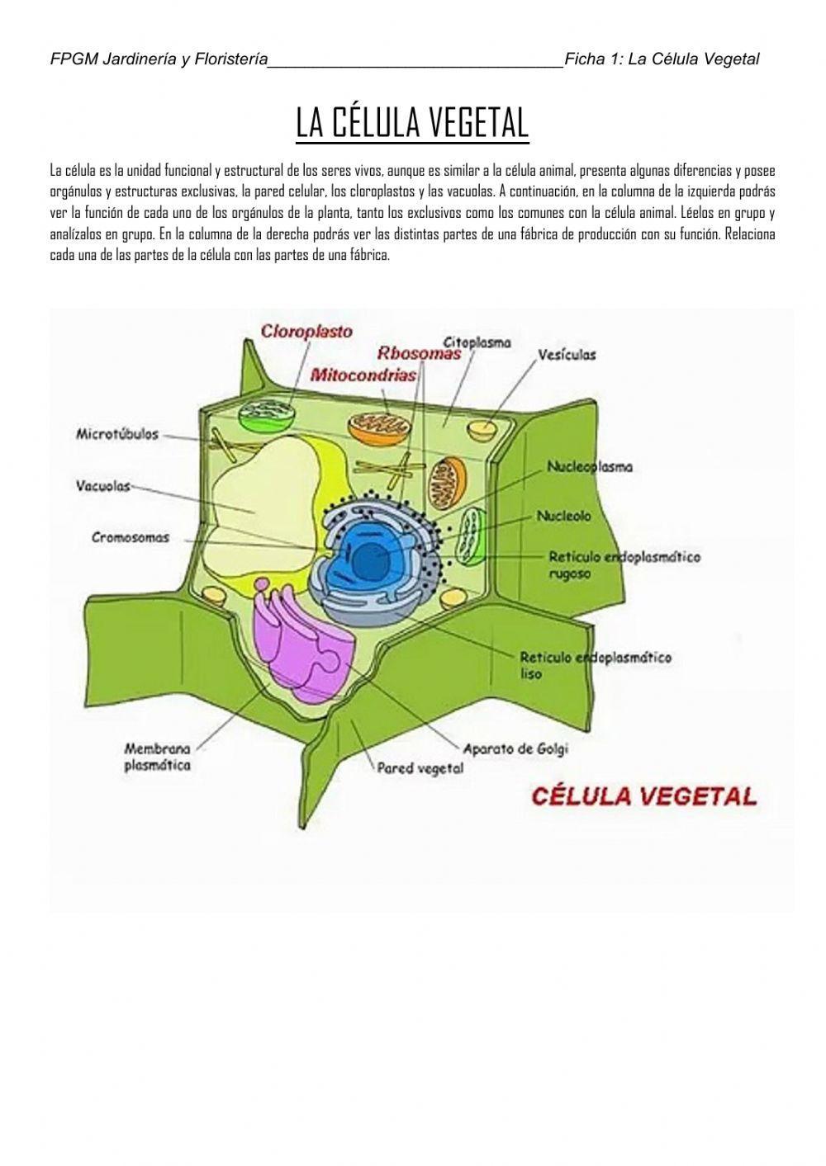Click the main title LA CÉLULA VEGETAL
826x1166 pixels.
point(412,124)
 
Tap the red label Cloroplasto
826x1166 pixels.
point(306,332)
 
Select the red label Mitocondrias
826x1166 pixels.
point(363,375)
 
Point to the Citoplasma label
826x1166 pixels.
point(477,342)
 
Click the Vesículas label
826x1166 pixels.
point(567,355)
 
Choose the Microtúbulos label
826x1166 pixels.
point(116,434)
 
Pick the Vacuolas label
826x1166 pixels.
point(103,486)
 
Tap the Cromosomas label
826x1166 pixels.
point(131,538)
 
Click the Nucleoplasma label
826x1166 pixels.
point(590,467)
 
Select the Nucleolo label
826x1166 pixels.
point(563,516)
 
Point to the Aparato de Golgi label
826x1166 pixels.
point(515,749)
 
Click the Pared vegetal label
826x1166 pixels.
point(420,768)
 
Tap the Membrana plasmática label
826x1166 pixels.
point(157,757)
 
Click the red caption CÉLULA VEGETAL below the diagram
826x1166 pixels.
point(643,796)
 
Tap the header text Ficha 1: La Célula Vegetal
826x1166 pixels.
point(661,59)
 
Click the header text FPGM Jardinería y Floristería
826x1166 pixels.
point(159,59)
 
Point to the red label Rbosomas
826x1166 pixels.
point(419,353)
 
